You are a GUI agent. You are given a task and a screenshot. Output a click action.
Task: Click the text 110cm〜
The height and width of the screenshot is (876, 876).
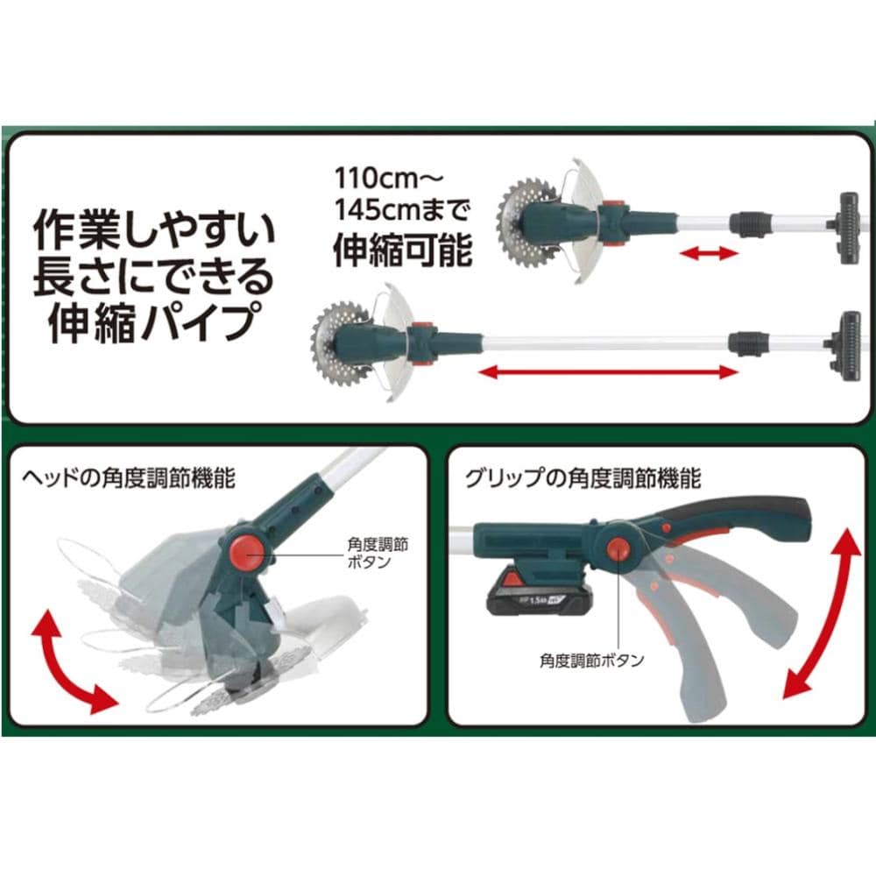[x=389, y=179]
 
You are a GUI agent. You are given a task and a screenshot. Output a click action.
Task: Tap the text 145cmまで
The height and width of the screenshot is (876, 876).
[x=402, y=211]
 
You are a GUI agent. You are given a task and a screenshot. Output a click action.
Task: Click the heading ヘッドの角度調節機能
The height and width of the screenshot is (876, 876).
[x=129, y=479]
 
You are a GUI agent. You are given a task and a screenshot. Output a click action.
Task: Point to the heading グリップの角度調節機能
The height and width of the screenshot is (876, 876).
[x=583, y=479]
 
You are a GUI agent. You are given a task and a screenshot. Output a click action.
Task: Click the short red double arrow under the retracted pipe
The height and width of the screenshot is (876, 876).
[x=709, y=254]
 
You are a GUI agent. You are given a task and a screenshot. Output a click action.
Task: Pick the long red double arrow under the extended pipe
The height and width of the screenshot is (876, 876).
[x=609, y=372]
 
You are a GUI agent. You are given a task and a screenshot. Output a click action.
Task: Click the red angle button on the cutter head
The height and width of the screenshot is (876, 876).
[x=246, y=552]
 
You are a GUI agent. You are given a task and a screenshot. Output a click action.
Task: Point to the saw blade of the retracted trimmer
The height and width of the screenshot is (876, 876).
[x=524, y=216]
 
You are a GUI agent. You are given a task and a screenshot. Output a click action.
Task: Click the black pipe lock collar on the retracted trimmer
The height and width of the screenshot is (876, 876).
[x=749, y=223]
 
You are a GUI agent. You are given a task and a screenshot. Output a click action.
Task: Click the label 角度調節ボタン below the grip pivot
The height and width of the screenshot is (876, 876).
[x=591, y=661]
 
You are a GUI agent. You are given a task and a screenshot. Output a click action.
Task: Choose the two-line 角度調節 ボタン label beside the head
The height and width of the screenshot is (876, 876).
[x=378, y=553]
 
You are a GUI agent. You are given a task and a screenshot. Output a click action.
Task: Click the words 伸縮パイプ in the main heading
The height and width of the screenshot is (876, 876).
[x=148, y=322]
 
